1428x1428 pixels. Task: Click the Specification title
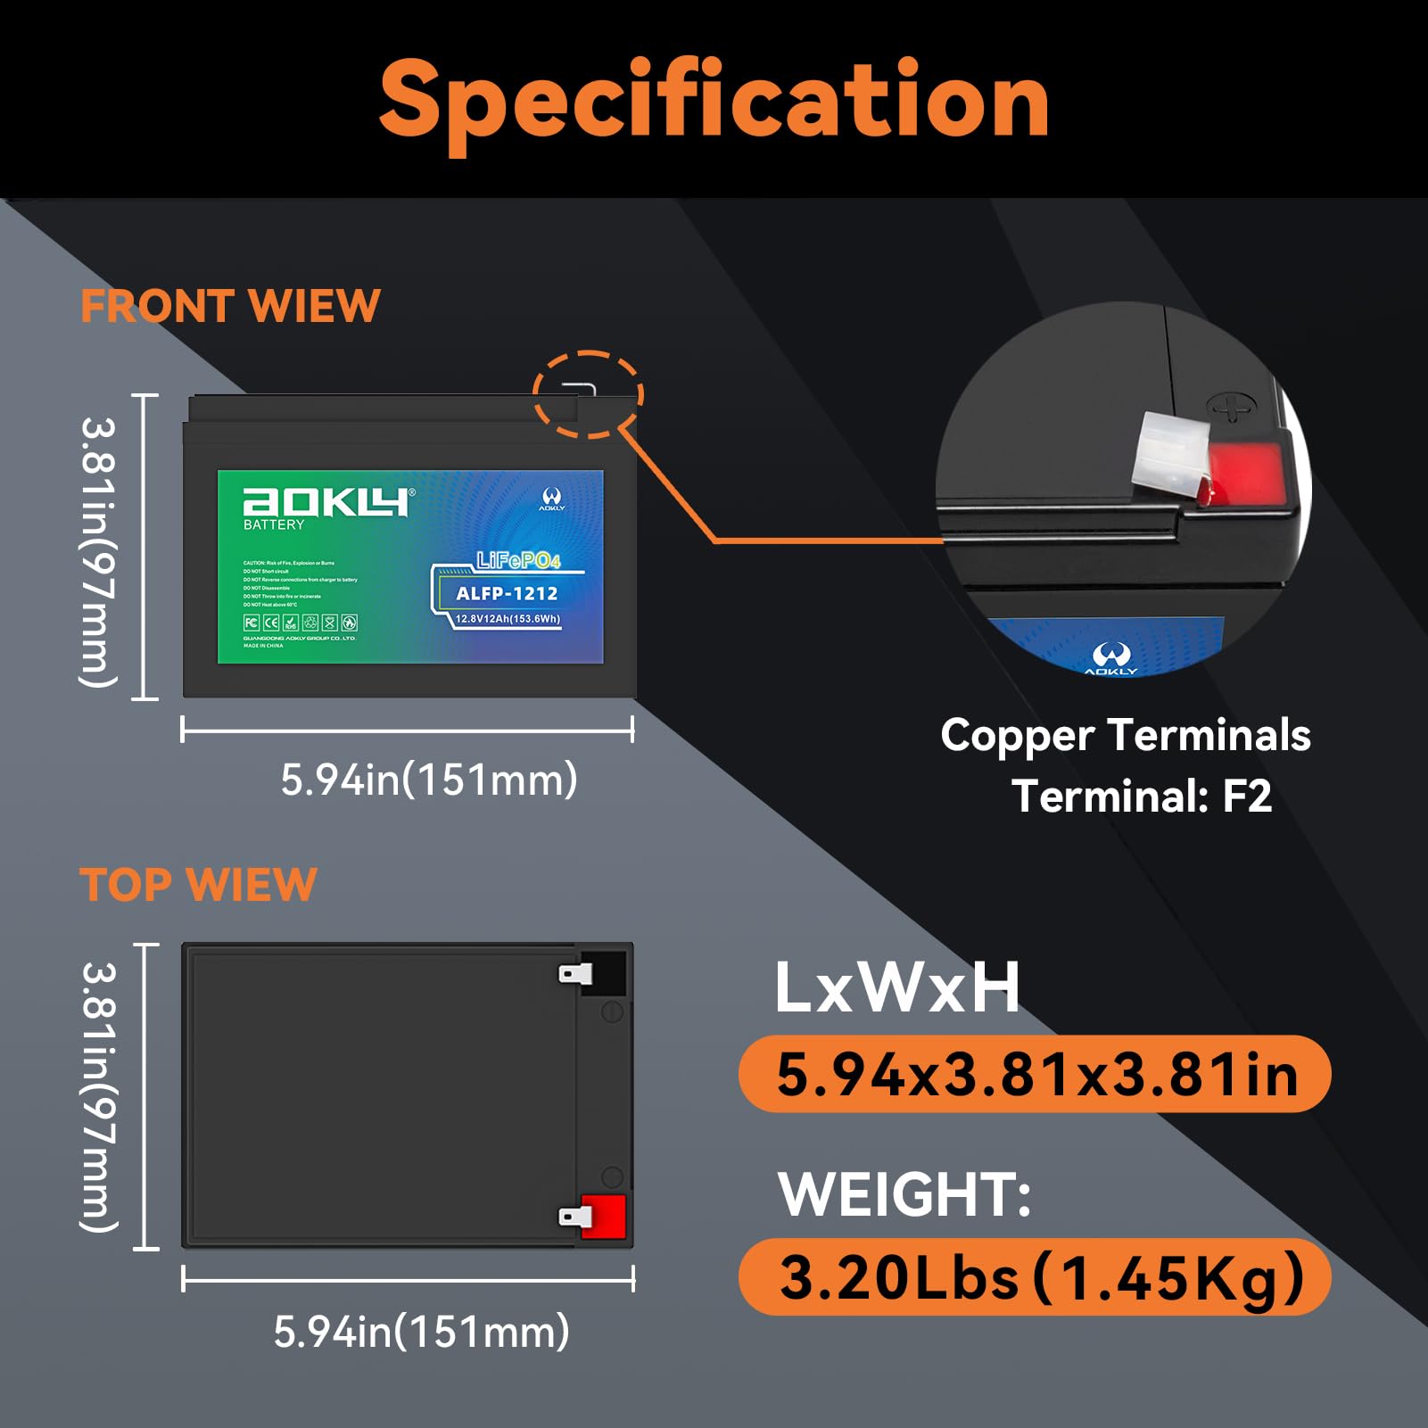click(x=714, y=100)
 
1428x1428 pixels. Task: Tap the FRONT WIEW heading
click(x=230, y=306)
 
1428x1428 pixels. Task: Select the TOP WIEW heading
click(x=198, y=885)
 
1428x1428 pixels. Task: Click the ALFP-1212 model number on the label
click(x=507, y=593)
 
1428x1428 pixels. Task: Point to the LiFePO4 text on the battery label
click(x=518, y=560)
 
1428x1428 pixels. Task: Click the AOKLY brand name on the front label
click(x=325, y=502)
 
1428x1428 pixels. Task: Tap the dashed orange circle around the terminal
click(x=588, y=393)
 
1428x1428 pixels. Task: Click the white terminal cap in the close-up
click(x=1168, y=457)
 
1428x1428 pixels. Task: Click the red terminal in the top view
click(x=601, y=1217)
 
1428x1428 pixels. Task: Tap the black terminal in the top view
click(x=601, y=972)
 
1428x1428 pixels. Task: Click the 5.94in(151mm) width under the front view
click(x=429, y=780)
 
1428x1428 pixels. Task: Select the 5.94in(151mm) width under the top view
click(x=421, y=1332)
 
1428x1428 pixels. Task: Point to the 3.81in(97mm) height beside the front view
click(x=98, y=552)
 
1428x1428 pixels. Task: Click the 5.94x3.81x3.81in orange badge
click(x=1035, y=1074)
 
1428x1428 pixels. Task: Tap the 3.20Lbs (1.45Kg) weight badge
click(x=1035, y=1277)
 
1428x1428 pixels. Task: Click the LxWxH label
click(x=896, y=988)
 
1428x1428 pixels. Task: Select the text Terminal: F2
click(x=1142, y=796)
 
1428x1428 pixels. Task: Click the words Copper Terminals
click(x=1126, y=736)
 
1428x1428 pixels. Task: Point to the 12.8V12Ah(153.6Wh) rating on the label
click(x=508, y=619)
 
